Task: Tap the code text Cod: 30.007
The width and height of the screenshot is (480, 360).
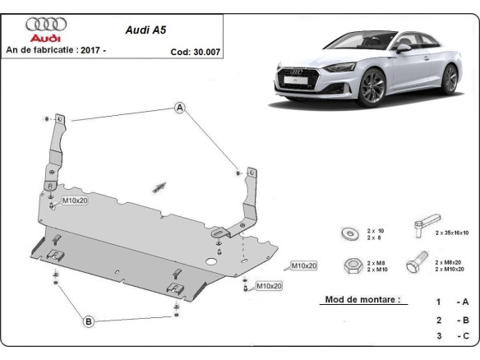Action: [195, 50]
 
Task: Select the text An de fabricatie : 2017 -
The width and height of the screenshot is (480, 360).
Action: [56, 50]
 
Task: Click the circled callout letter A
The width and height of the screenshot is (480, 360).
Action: [179, 107]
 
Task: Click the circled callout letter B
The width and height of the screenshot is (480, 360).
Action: [88, 321]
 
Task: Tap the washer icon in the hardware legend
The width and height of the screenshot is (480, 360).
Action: [348, 233]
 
